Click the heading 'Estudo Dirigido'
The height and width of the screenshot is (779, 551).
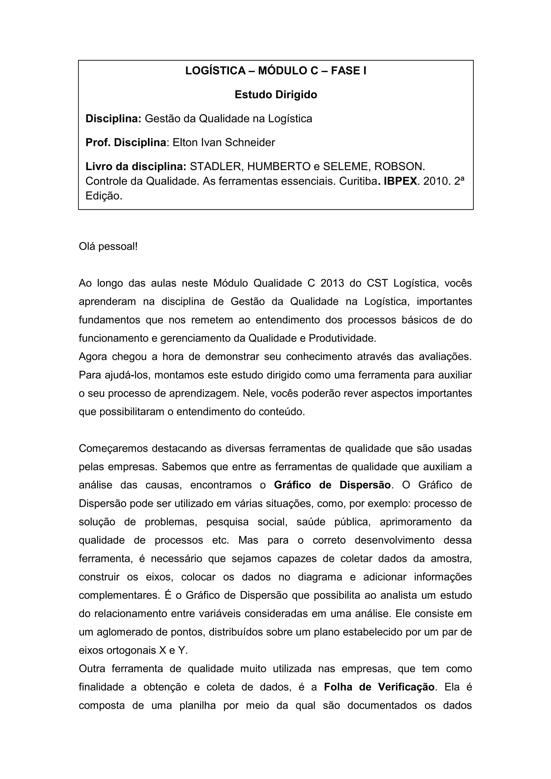[x=275, y=95]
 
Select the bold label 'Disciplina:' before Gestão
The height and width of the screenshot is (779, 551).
[x=113, y=119]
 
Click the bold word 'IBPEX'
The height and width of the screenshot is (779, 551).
[x=400, y=182]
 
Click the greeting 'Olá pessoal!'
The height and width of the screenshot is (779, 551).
[x=108, y=247]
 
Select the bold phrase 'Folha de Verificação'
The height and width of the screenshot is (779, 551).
[x=379, y=687]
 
